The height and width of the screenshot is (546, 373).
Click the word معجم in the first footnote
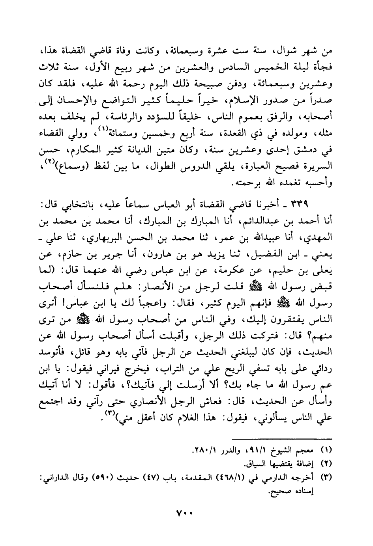pyautogui.click(x=308, y=449)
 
